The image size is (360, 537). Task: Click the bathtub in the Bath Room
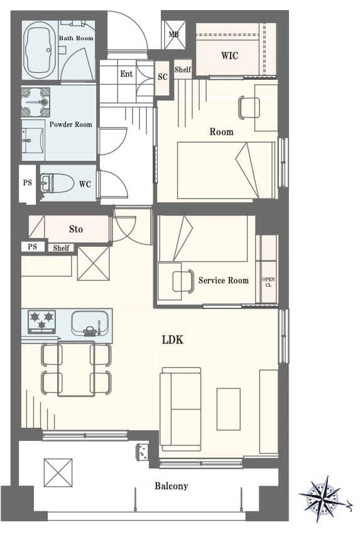click(x=40, y=50)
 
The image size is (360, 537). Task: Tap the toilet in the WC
click(x=57, y=183)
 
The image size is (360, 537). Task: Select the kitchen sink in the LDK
click(x=90, y=323)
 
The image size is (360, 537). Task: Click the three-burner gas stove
click(x=42, y=322)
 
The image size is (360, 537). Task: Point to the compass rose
click(x=324, y=499)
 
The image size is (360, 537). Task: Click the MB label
click(x=173, y=35)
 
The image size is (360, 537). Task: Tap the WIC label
click(x=229, y=55)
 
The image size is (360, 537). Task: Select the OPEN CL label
click(x=268, y=282)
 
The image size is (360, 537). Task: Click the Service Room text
click(x=223, y=280)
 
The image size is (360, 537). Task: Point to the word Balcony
click(x=172, y=485)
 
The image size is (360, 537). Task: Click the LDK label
click(x=173, y=340)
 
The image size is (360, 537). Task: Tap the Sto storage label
click(x=76, y=229)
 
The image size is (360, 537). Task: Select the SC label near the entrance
click(x=163, y=77)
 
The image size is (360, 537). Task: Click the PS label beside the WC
click(x=28, y=183)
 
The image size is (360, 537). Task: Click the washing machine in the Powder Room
click(x=36, y=102)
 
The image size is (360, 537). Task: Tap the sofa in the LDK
click(x=180, y=410)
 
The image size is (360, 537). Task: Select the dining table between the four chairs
click(x=76, y=369)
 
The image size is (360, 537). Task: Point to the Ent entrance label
click(x=126, y=73)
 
